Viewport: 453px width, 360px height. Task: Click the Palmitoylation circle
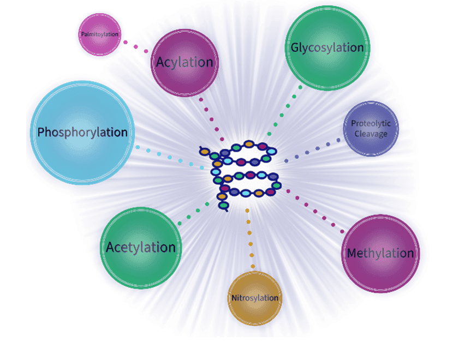[100, 35]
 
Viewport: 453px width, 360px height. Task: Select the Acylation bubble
[184, 62]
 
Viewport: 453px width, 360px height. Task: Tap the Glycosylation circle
[327, 48]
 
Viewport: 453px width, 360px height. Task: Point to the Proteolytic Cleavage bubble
[371, 129]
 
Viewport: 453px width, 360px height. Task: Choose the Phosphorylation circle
[82, 133]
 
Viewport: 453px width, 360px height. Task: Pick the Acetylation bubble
[141, 247]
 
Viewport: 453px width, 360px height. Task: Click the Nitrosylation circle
[254, 298]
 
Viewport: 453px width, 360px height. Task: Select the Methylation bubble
[380, 254]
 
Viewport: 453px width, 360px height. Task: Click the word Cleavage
[371, 134]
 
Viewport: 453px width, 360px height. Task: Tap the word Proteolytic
[371, 124]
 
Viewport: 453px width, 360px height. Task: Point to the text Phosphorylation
[82, 133]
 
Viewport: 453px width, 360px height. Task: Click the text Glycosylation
[327, 48]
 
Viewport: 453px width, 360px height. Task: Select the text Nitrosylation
[254, 298]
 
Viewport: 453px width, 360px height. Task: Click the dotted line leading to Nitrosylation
[251, 240]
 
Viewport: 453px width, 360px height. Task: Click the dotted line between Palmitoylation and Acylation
[135, 47]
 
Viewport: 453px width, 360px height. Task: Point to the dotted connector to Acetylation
[194, 213]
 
